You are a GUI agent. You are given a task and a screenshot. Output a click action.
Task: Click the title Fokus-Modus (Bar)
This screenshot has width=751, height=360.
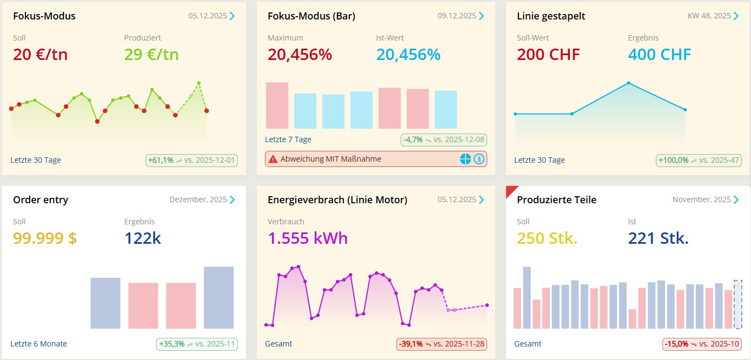pyautogui.click(x=311, y=16)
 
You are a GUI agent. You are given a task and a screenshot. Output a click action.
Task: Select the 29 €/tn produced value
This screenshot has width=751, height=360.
pyautogui.click(x=151, y=55)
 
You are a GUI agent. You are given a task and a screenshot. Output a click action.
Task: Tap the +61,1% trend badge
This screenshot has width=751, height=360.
pyautogui.click(x=192, y=160)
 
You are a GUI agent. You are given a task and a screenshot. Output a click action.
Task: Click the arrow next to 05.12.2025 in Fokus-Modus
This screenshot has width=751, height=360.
pyautogui.click(x=232, y=16)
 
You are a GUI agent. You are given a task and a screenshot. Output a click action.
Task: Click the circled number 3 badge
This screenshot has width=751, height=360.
pyautogui.click(x=478, y=159)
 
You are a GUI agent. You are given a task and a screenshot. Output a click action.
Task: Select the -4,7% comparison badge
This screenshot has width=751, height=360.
pyautogui.click(x=444, y=139)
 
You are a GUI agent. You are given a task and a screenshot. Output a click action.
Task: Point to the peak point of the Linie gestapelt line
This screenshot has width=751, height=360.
pyautogui.click(x=628, y=83)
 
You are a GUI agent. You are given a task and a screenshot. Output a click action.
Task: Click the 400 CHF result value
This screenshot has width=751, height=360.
pyautogui.click(x=659, y=55)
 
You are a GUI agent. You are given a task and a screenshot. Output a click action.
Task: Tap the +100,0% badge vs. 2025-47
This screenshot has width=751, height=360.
pyautogui.click(x=698, y=160)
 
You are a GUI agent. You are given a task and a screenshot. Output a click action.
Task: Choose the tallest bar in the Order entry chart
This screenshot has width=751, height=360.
pyautogui.click(x=218, y=297)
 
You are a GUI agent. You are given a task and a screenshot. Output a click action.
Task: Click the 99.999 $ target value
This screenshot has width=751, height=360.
pyautogui.click(x=45, y=238)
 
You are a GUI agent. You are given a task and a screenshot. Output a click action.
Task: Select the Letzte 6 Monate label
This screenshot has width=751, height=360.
pyautogui.click(x=38, y=344)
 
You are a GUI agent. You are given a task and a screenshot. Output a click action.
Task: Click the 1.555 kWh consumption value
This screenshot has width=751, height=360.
pyautogui.click(x=308, y=238)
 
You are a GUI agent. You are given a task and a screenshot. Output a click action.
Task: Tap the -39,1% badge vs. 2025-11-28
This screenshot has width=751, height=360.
pyautogui.click(x=441, y=344)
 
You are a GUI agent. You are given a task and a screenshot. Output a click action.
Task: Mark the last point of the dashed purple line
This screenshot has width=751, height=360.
pyautogui.click(x=487, y=305)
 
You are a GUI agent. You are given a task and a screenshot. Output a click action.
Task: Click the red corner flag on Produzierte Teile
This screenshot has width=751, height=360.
pyautogui.click(x=510, y=191)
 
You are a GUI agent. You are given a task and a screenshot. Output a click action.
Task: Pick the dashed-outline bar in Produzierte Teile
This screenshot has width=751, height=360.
pyautogui.click(x=738, y=304)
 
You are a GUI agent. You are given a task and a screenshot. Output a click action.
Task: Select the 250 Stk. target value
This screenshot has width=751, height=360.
pyautogui.click(x=547, y=238)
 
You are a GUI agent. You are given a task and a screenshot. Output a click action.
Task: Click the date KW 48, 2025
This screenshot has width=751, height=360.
pyautogui.click(x=709, y=16)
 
